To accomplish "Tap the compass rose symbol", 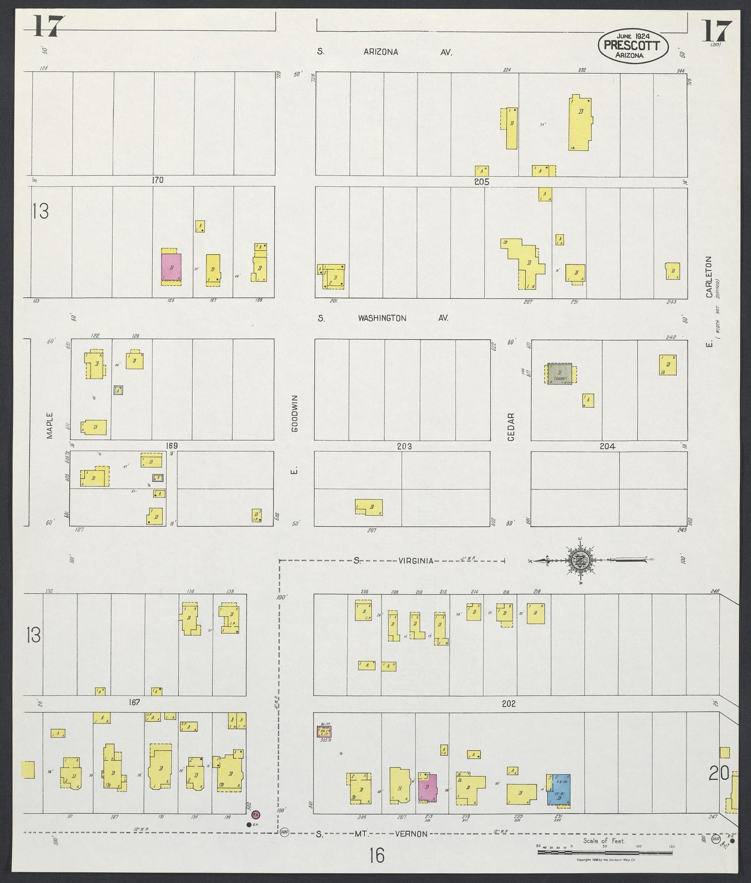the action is click(577, 561).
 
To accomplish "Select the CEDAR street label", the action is click(510, 427).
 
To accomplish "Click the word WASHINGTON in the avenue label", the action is click(382, 318).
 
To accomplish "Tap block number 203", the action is click(404, 446).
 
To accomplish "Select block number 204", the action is click(607, 446).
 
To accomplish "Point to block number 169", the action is click(172, 445).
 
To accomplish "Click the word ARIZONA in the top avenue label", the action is click(380, 52).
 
